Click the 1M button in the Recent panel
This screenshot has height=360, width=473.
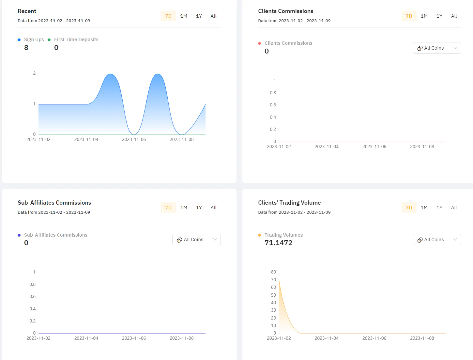(x=184, y=16)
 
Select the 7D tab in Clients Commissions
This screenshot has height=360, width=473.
(x=409, y=16)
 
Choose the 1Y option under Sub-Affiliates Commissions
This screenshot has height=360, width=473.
(x=199, y=208)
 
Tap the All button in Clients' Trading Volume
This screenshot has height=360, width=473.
(x=454, y=208)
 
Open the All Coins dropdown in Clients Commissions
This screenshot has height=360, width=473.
(x=437, y=48)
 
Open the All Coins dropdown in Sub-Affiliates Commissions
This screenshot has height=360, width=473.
(x=196, y=240)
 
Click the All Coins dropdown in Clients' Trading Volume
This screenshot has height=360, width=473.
(x=437, y=240)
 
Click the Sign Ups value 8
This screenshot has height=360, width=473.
(x=26, y=48)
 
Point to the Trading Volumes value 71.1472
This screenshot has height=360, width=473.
(x=278, y=243)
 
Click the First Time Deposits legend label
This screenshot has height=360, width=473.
(x=76, y=39)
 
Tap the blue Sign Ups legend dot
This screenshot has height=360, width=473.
(x=19, y=40)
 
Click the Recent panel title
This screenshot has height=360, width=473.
(x=27, y=11)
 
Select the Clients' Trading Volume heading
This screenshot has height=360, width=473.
(x=289, y=203)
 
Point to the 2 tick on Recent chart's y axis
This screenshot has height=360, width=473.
(x=34, y=73)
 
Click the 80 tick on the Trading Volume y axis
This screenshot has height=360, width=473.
(x=273, y=272)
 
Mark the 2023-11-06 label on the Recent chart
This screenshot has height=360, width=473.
(x=134, y=139)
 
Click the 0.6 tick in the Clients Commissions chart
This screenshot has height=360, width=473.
(x=273, y=105)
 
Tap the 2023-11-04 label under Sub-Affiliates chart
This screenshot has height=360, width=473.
(x=86, y=338)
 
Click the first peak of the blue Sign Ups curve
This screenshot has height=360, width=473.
(x=111, y=74)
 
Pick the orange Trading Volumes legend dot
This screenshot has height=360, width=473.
(x=259, y=235)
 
